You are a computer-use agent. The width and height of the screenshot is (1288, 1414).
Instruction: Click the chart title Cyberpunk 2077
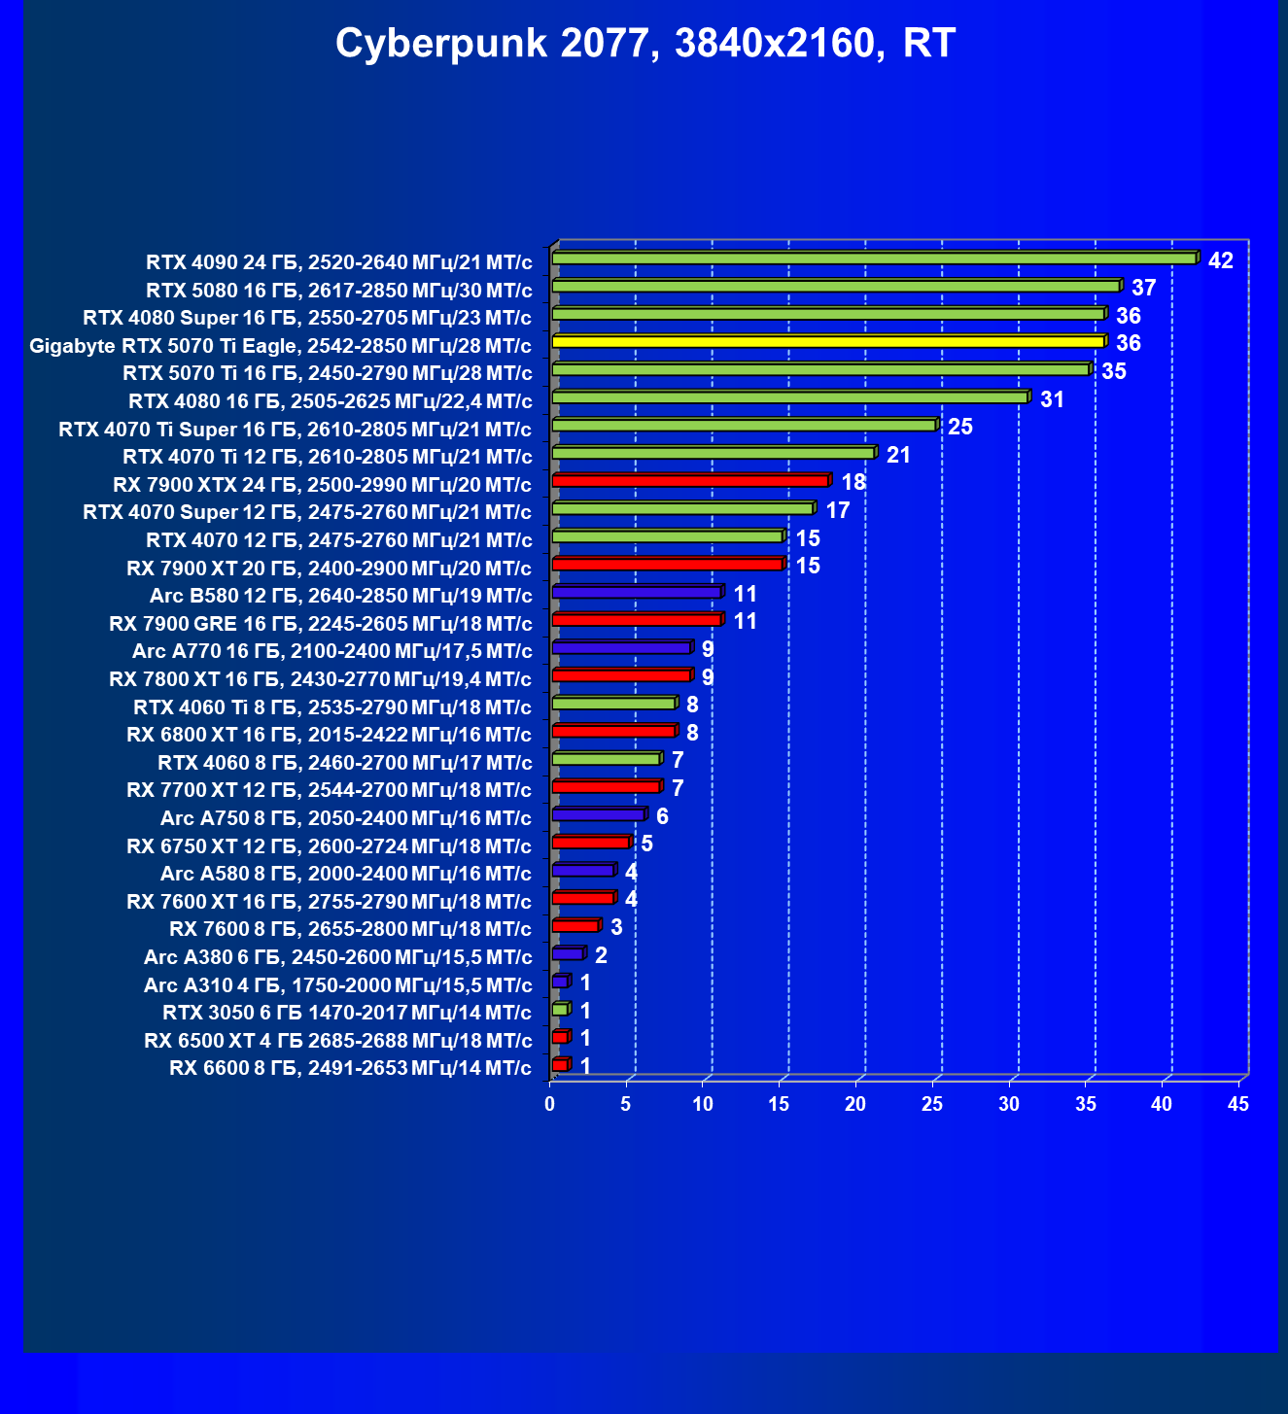point(645,44)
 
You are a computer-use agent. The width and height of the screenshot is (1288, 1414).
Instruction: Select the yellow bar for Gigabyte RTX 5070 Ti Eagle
point(827,342)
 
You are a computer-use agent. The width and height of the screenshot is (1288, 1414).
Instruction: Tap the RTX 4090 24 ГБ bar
point(873,259)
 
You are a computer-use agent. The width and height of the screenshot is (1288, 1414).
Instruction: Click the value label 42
point(1220,260)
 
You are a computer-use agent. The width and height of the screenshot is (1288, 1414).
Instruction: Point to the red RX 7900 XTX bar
point(689,481)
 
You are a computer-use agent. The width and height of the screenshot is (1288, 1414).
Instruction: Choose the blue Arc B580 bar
point(636,592)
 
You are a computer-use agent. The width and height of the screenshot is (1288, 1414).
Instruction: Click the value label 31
point(1052,399)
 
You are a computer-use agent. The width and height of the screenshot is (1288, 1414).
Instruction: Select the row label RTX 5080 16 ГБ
point(338,291)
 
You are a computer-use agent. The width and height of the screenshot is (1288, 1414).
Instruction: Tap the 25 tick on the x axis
point(931,1104)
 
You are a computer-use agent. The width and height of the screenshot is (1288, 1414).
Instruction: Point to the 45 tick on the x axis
point(1237,1104)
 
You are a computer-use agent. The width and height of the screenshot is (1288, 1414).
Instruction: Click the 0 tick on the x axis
point(550,1104)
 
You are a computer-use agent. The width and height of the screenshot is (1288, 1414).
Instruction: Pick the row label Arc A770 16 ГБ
point(331,651)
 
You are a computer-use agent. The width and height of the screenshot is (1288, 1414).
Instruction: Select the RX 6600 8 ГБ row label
point(350,1068)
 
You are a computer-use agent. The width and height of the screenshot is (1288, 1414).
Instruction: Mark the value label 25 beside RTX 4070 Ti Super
point(959,428)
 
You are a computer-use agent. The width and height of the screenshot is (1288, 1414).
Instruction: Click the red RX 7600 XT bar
point(582,898)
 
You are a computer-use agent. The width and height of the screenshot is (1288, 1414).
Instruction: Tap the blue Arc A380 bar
point(567,953)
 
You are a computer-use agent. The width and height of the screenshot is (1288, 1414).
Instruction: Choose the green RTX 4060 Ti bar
point(612,704)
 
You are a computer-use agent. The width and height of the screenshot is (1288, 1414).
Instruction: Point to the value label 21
point(898,455)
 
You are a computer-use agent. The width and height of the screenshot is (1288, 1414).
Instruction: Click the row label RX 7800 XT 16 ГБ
point(320,679)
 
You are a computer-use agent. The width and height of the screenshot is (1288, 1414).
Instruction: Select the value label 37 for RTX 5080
point(1143,289)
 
